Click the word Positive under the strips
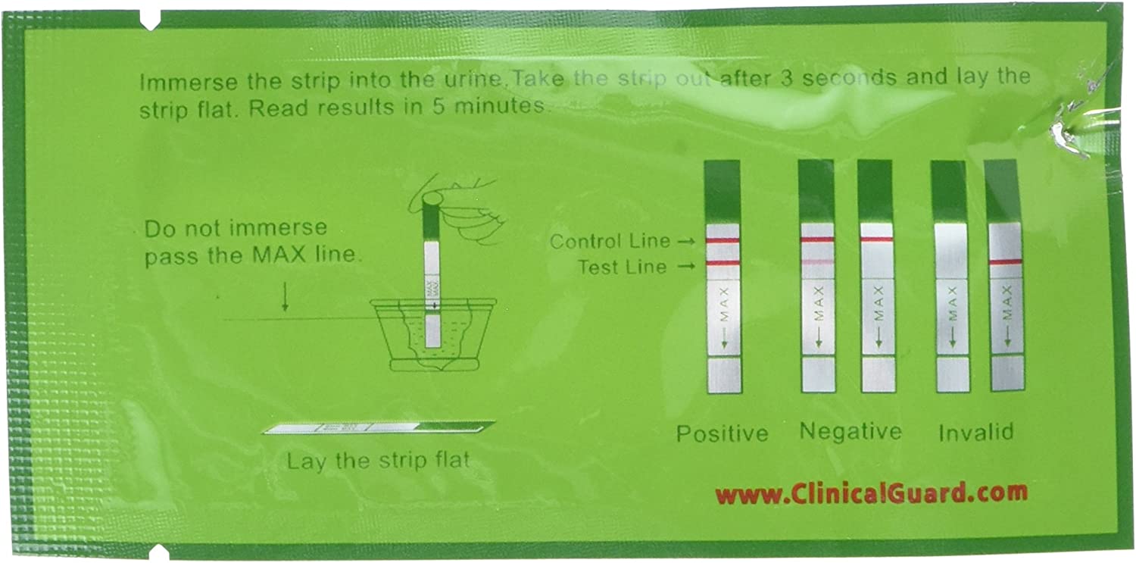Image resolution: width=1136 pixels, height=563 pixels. click(x=722, y=433)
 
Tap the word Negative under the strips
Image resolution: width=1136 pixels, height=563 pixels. click(x=850, y=432)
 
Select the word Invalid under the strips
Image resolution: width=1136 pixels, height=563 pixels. click(x=975, y=433)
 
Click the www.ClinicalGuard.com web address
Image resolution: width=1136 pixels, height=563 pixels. click(x=872, y=494)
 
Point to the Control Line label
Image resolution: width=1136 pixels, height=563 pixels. click(x=610, y=242)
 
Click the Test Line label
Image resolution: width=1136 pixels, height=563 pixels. click(x=623, y=267)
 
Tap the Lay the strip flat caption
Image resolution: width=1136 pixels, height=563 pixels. click(x=378, y=460)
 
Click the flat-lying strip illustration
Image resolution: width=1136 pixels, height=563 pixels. click(x=378, y=429)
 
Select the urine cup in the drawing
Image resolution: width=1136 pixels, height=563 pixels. click(x=432, y=333)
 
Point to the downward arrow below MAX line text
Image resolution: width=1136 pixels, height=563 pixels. click(x=285, y=301)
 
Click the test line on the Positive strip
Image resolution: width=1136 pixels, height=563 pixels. click(x=723, y=264)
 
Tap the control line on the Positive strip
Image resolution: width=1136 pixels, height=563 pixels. click(x=723, y=240)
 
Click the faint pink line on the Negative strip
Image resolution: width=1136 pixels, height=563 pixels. click(x=816, y=261)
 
